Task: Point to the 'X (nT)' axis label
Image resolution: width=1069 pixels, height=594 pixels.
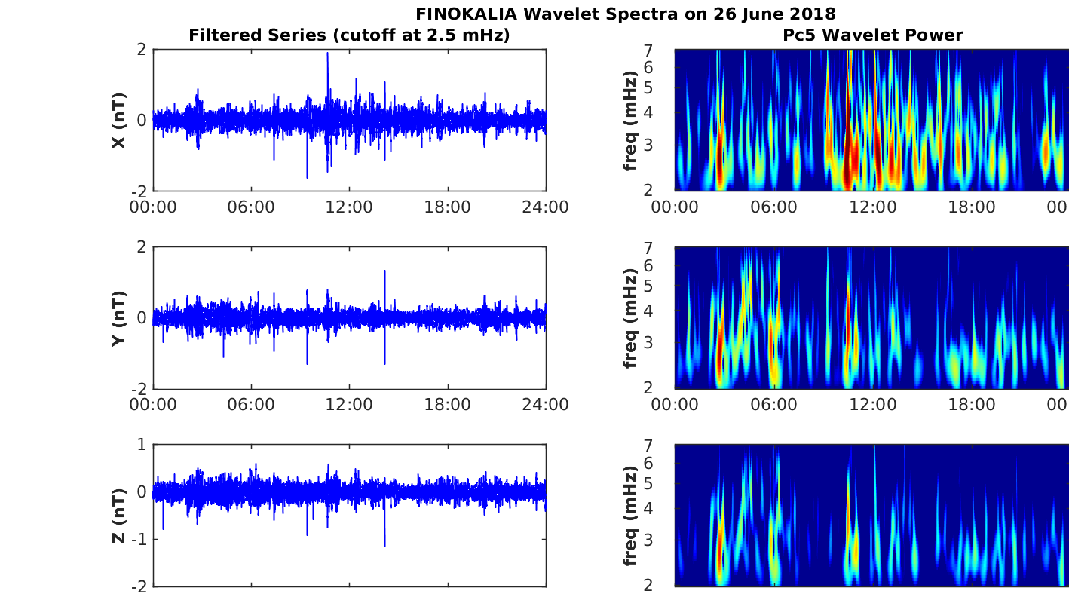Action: click(118, 121)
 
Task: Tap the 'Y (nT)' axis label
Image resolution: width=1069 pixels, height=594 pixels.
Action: click(118, 318)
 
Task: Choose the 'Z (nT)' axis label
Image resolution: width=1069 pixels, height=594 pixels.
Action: click(118, 516)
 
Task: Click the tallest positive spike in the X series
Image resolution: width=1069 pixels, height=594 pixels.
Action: click(327, 54)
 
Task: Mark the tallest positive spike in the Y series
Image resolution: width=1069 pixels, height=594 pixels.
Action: click(384, 271)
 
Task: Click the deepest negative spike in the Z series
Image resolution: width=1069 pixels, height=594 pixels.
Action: click(384, 546)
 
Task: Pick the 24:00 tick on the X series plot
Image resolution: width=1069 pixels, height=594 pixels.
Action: click(545, 207)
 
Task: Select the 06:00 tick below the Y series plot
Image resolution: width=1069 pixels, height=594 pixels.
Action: click(251, 405)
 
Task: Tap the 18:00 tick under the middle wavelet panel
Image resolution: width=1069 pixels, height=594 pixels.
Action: click(971, 405)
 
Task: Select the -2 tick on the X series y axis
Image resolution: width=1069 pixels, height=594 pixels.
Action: click(139, 191)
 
